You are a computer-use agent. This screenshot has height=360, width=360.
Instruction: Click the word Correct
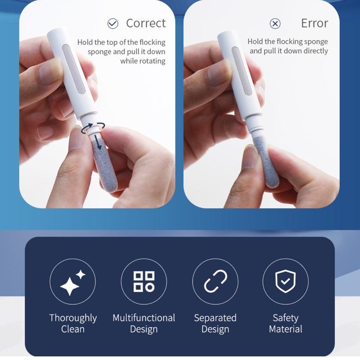pos(146,23)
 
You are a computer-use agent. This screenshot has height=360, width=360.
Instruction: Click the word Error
pos(315,23)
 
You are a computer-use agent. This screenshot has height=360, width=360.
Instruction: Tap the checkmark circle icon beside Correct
pos(113,23)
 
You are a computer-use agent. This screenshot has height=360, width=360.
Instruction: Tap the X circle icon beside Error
pos(275,23)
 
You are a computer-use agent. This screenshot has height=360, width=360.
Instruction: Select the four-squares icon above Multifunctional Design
pos(144,282)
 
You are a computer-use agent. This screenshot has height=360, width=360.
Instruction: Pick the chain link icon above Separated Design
pos(216,282)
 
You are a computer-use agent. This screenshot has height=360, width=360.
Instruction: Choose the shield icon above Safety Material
pos(285,281)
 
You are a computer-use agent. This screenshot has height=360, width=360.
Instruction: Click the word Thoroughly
pos(73,318)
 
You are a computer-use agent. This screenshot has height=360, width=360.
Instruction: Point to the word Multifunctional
pos(144,318)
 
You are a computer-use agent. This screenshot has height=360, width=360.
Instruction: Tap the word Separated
pos(215,318)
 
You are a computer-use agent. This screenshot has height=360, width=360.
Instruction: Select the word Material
pos(285,329)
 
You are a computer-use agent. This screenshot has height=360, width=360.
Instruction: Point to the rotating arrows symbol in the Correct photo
pos(93,128)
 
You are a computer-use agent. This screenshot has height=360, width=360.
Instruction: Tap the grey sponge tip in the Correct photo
pos(104,165)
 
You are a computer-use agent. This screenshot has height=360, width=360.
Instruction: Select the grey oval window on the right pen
pos(242,71)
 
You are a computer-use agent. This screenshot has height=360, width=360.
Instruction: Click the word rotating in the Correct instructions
pos(143,61)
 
